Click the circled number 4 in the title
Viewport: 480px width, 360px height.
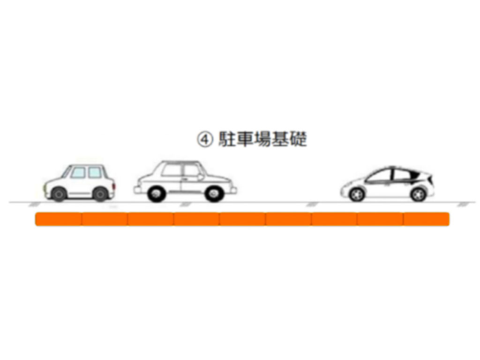point(204,140)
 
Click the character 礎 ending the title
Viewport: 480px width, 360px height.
point(298,139)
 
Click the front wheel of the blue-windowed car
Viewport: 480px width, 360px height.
point(59,194)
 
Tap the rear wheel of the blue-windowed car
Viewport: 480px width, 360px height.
point(100,194)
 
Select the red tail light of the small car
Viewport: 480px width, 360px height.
point(114,186)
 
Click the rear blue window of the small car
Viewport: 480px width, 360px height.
point(95,172)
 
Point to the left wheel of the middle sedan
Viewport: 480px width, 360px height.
point(157,194)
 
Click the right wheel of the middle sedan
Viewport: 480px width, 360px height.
point(214,194)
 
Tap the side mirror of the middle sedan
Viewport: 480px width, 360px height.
point(201,177)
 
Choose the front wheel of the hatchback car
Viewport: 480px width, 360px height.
point(357,195)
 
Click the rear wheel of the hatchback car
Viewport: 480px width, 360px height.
point(419,195)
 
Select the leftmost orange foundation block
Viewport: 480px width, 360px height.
point(59,219)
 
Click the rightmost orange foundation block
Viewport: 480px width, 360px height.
point(426,219)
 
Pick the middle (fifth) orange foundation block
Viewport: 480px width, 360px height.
point(242,219)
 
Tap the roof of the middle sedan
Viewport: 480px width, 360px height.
point(180,162)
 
